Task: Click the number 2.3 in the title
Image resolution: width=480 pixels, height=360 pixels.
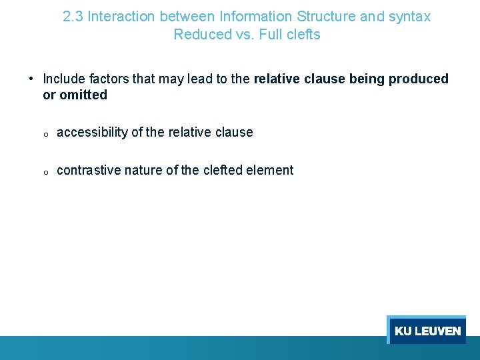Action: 73,17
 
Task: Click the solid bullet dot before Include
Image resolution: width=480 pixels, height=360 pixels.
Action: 31,79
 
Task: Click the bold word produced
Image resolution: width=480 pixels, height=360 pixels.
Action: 419,79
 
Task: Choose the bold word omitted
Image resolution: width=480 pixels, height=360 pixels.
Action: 83,95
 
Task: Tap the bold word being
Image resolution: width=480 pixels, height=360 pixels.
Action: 367,79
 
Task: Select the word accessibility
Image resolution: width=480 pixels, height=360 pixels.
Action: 93,132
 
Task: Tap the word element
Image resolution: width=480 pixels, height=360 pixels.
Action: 269,170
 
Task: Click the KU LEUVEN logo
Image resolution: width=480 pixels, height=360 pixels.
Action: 427,331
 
